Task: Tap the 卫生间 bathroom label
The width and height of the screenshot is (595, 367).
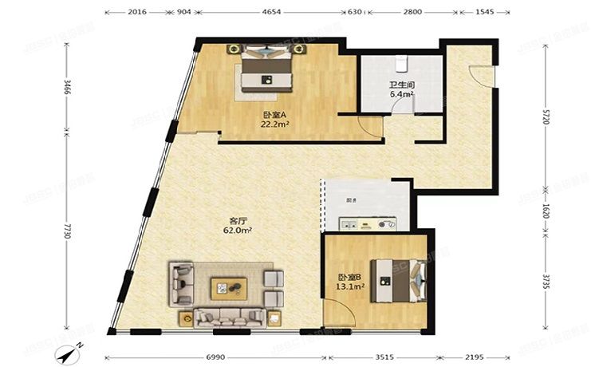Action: (x=401, y=85)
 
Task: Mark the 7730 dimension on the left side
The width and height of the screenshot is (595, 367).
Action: (x=69, y=232)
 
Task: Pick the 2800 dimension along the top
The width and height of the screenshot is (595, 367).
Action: (x=412, y=13)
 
